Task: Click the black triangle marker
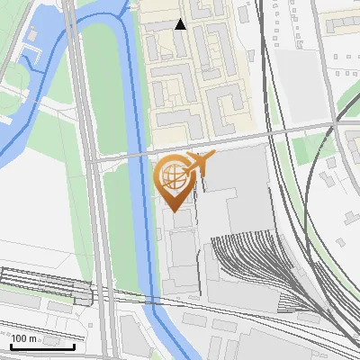pos(181,24)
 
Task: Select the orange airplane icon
pos(198,163)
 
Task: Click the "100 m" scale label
pos(24,338)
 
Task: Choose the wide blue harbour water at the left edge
pos(11,144)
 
